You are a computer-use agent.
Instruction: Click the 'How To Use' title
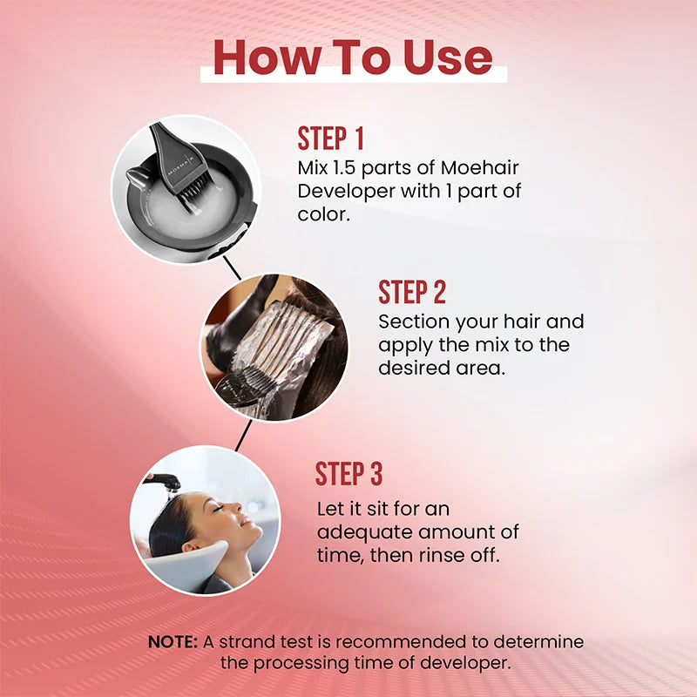[x=353, y=57]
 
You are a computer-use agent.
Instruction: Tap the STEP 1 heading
[x=330, y=139]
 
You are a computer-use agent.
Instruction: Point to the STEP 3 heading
[x=348, y=474]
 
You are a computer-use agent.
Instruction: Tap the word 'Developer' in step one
[x=336, y=190]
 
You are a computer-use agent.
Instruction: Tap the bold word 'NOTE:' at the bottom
[x=173, y=642]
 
